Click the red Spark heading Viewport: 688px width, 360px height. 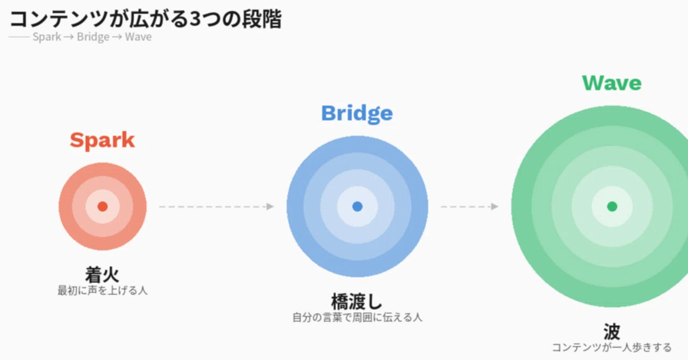coord(102,141)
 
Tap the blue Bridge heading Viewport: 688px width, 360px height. coord(357,114)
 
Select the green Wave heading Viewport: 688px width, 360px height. coord(612,83)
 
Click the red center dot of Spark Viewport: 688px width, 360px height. coord(103,206)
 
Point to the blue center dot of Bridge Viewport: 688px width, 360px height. coord(357,206)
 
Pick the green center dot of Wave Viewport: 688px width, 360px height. coord(612,206)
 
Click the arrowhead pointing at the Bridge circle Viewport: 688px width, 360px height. coord(270,206)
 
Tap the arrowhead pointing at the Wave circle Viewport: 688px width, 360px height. coord(494,206)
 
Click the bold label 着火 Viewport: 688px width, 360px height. coord(102,275)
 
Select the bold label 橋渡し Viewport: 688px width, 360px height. coord(357,301)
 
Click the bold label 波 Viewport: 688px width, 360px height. coord(612,332)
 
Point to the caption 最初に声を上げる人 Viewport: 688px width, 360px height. coord(102,291)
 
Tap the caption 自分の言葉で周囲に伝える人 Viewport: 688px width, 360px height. coord(357,318)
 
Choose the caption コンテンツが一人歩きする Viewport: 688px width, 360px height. coord(612,348)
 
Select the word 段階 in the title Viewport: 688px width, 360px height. coord(262,19)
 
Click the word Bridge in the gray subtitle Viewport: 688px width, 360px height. coord(93,37)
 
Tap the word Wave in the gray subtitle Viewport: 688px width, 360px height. coord(138,37)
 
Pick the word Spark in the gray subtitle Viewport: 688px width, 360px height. coord(47,37)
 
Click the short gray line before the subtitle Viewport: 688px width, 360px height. coord(19,37)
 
